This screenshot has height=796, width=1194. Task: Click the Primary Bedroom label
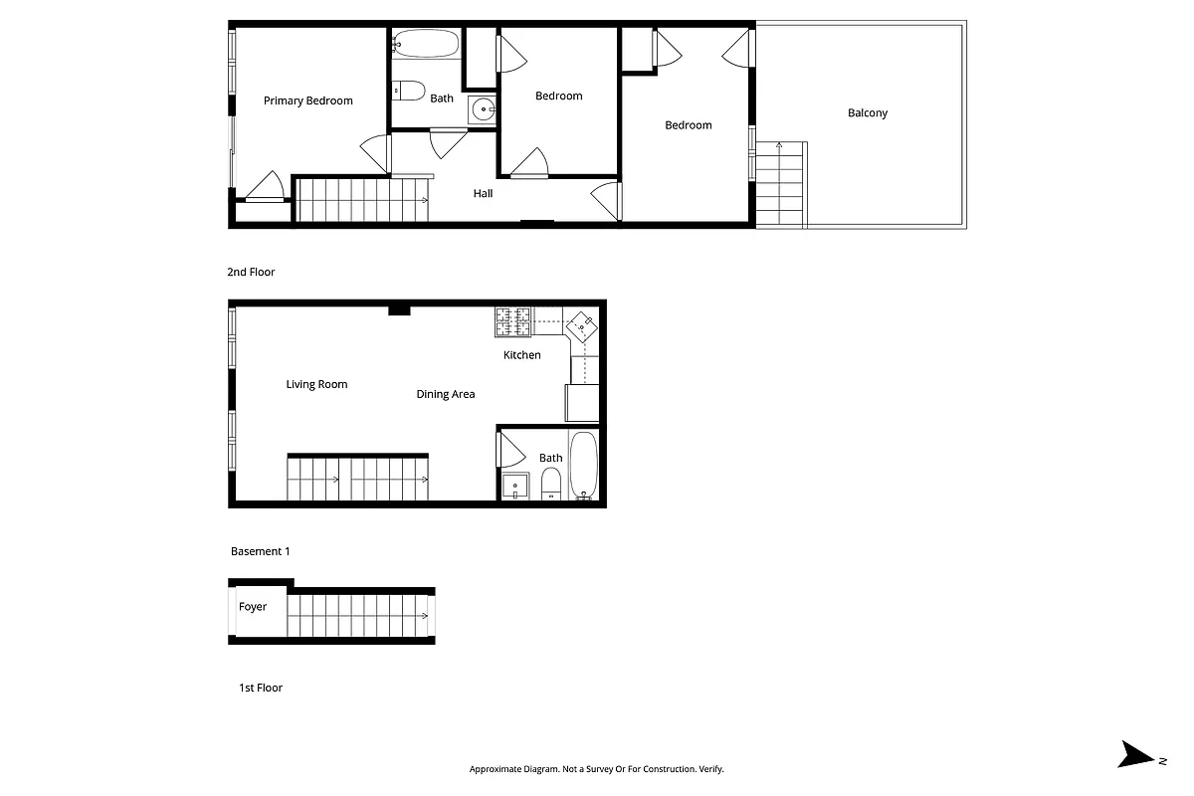coord(307,100)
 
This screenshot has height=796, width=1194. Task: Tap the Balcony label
coord(867,113)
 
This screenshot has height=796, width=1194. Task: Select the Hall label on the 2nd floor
coord(483,193)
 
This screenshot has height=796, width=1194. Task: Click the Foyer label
coord(253,607)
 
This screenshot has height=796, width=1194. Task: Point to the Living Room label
coord(316,385)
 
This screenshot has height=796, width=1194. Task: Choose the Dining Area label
coord(445,395)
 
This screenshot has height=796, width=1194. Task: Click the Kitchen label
coord(521,355)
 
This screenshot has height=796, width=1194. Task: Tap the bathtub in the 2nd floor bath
coord(426,44)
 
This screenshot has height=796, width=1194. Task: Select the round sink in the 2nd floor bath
coord(483,109)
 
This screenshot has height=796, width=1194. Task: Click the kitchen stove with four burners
coord(512,320)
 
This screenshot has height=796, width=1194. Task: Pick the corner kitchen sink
coord(581,325)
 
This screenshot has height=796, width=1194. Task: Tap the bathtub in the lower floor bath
coord(583,465)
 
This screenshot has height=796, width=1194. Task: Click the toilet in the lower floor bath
coord(551,485)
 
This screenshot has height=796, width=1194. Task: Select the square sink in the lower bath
coord(515,487)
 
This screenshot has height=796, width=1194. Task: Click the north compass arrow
coord(1137,755)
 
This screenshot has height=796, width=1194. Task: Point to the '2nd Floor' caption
coord(251,272)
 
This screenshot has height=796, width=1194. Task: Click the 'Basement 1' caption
coord(260,551)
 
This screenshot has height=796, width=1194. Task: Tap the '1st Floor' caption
coord(260,688)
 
